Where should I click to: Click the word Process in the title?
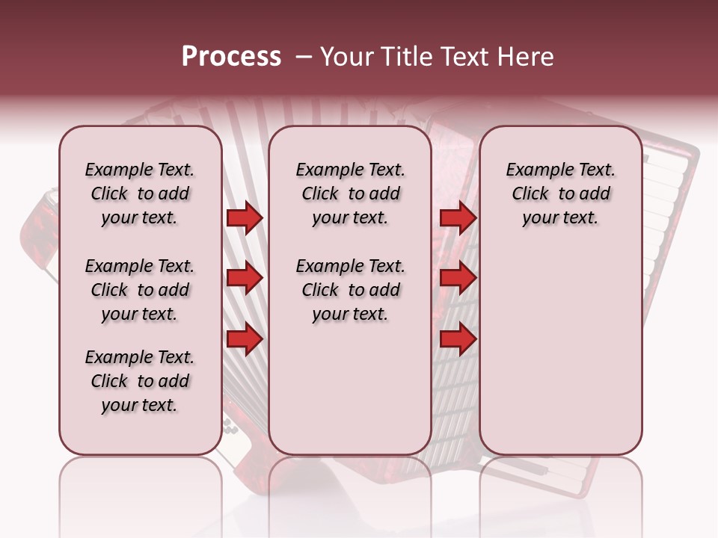click(x=231, y=57)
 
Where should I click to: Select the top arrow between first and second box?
click(x=245, y=218)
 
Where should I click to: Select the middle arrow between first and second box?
click(x=245, y=279)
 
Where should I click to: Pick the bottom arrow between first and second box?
click(x=245, y=340)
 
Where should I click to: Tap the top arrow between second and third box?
click(x=458, y=218)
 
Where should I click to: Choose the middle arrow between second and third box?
click(x=458, y=279)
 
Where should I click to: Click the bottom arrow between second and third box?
click(x=458, y=340)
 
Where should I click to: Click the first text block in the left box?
click(x=140, y=194)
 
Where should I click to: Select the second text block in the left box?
click(x=140, y=290)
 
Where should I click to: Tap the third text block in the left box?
click(x=140, y=381)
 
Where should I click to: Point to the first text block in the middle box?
click(x=350, y=194)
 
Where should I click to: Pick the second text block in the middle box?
click(x=350, y=290)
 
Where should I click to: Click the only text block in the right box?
click(x=560, y=194)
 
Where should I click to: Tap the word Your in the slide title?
click(x=343, y=57)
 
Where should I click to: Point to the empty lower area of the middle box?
click(x=350, y=389)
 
